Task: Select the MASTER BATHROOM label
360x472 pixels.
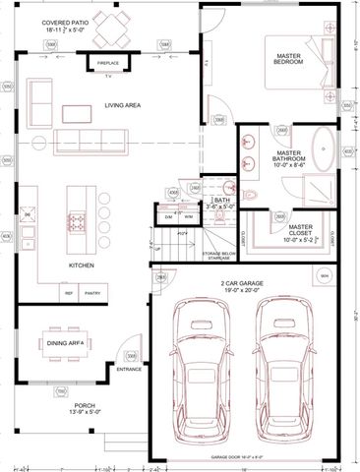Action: click(287, 159)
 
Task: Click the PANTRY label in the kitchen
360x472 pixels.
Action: click(93, 293)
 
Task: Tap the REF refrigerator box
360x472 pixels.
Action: click(70, 293)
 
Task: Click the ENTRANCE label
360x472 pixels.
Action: click(129, 370)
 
